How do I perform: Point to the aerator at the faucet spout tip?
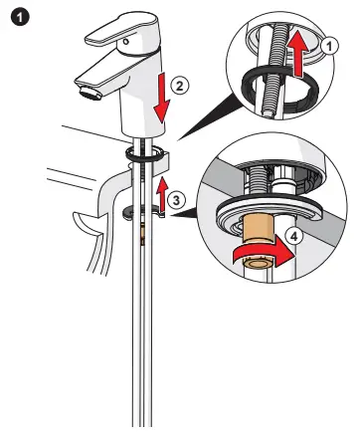(87, 94)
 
